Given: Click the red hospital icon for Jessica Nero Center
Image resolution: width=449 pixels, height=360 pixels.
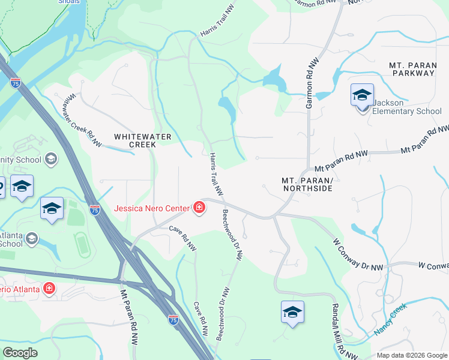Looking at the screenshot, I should [199, 208].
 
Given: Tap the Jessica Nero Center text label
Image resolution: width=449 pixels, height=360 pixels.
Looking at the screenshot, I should [152, 209].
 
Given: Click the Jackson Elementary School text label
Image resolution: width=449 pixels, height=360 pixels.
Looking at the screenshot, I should [406, 107].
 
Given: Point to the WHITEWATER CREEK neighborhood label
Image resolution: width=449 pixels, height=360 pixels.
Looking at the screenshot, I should [143, 140].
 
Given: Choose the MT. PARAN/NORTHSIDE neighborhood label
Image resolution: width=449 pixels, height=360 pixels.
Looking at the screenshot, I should [307, 184].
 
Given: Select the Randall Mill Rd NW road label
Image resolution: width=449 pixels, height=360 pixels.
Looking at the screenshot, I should [336, 328].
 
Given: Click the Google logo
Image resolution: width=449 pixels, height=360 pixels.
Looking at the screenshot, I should [20, 353].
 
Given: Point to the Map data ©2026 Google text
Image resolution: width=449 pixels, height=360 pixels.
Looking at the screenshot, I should [412, 355].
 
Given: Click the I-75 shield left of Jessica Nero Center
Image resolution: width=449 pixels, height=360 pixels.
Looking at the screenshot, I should [94, 209].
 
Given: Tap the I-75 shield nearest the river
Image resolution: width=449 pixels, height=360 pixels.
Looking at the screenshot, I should [16, 83].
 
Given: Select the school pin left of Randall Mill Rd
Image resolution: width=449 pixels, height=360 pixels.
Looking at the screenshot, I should [292, 313].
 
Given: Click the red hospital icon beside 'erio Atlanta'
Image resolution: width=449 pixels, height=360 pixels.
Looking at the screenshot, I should [48, 289].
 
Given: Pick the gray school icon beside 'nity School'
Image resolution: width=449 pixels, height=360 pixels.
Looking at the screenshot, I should [51, 159].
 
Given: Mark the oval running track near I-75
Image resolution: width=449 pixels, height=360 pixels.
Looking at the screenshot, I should [82, 245].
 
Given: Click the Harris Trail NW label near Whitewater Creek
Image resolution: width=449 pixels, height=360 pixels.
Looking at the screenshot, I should [216, 175].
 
